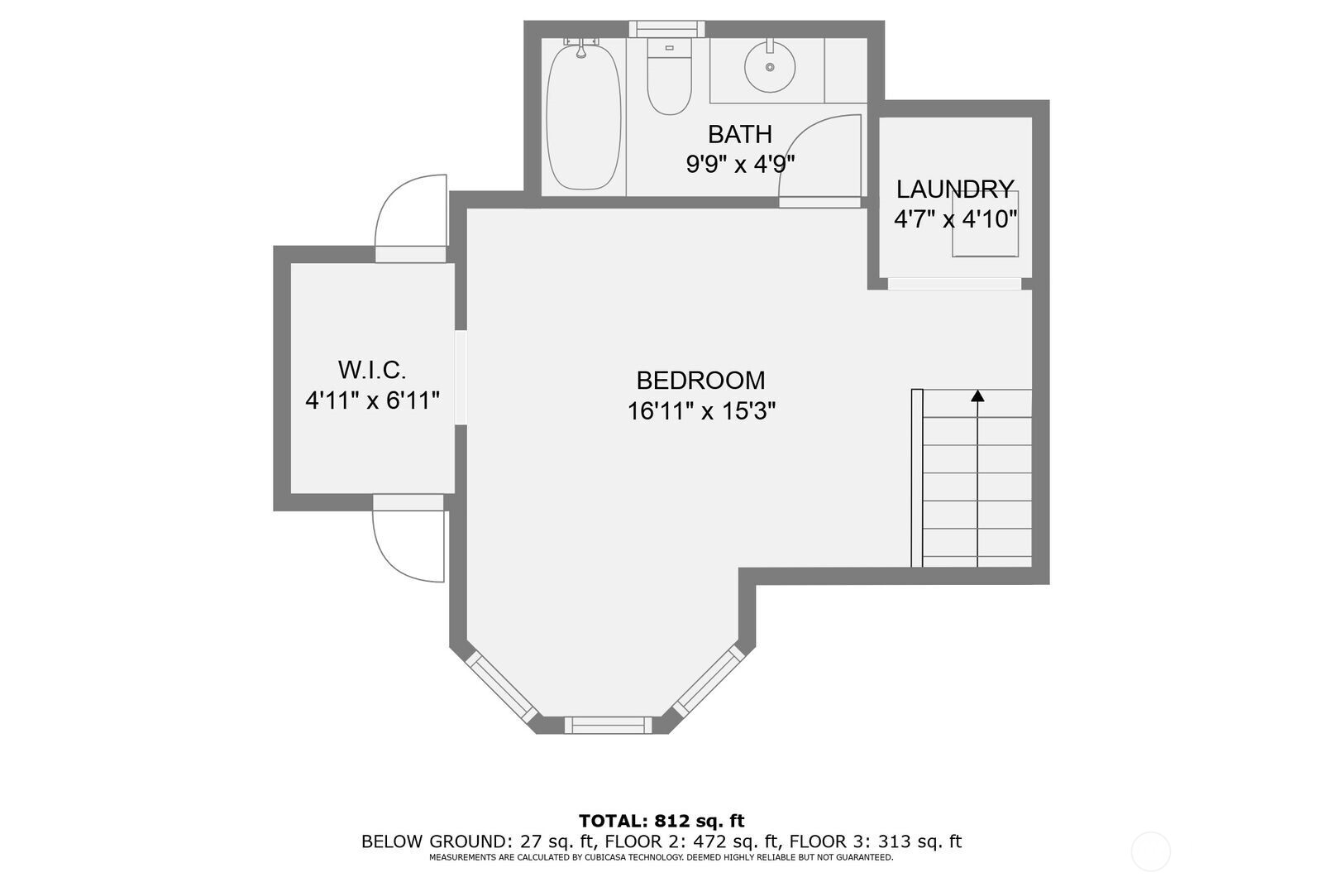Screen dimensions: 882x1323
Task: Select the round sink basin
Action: pos(770,66)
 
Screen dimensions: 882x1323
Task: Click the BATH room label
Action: pos(740,134)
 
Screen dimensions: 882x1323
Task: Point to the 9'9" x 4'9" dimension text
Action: pos(740,164)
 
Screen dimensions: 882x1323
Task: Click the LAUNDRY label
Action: pos(955,189)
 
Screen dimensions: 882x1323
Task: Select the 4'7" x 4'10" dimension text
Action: pos(955,219)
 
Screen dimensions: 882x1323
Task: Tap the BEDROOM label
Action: pos(700,381)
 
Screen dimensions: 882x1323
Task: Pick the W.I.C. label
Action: pos(372,370)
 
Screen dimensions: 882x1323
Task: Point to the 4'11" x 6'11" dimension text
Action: pos(372,401)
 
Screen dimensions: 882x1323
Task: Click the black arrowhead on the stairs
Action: pos(977,396)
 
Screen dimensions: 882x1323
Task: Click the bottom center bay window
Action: pos(608,725)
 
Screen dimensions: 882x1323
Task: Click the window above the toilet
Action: pos(666,28)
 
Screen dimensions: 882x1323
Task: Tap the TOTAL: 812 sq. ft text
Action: pos(661,821)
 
